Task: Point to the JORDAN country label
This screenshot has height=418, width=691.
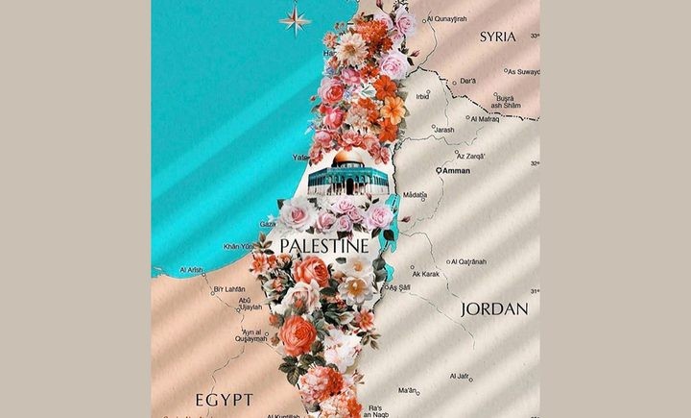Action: click(x=494, y=309)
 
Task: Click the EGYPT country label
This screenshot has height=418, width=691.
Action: click(x=223, y=398)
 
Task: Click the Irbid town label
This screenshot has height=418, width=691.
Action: click(x=422, y=96)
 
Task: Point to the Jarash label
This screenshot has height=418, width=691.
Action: click(x=443, y=128)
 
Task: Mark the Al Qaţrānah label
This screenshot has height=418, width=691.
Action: click(x=466, y=261)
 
